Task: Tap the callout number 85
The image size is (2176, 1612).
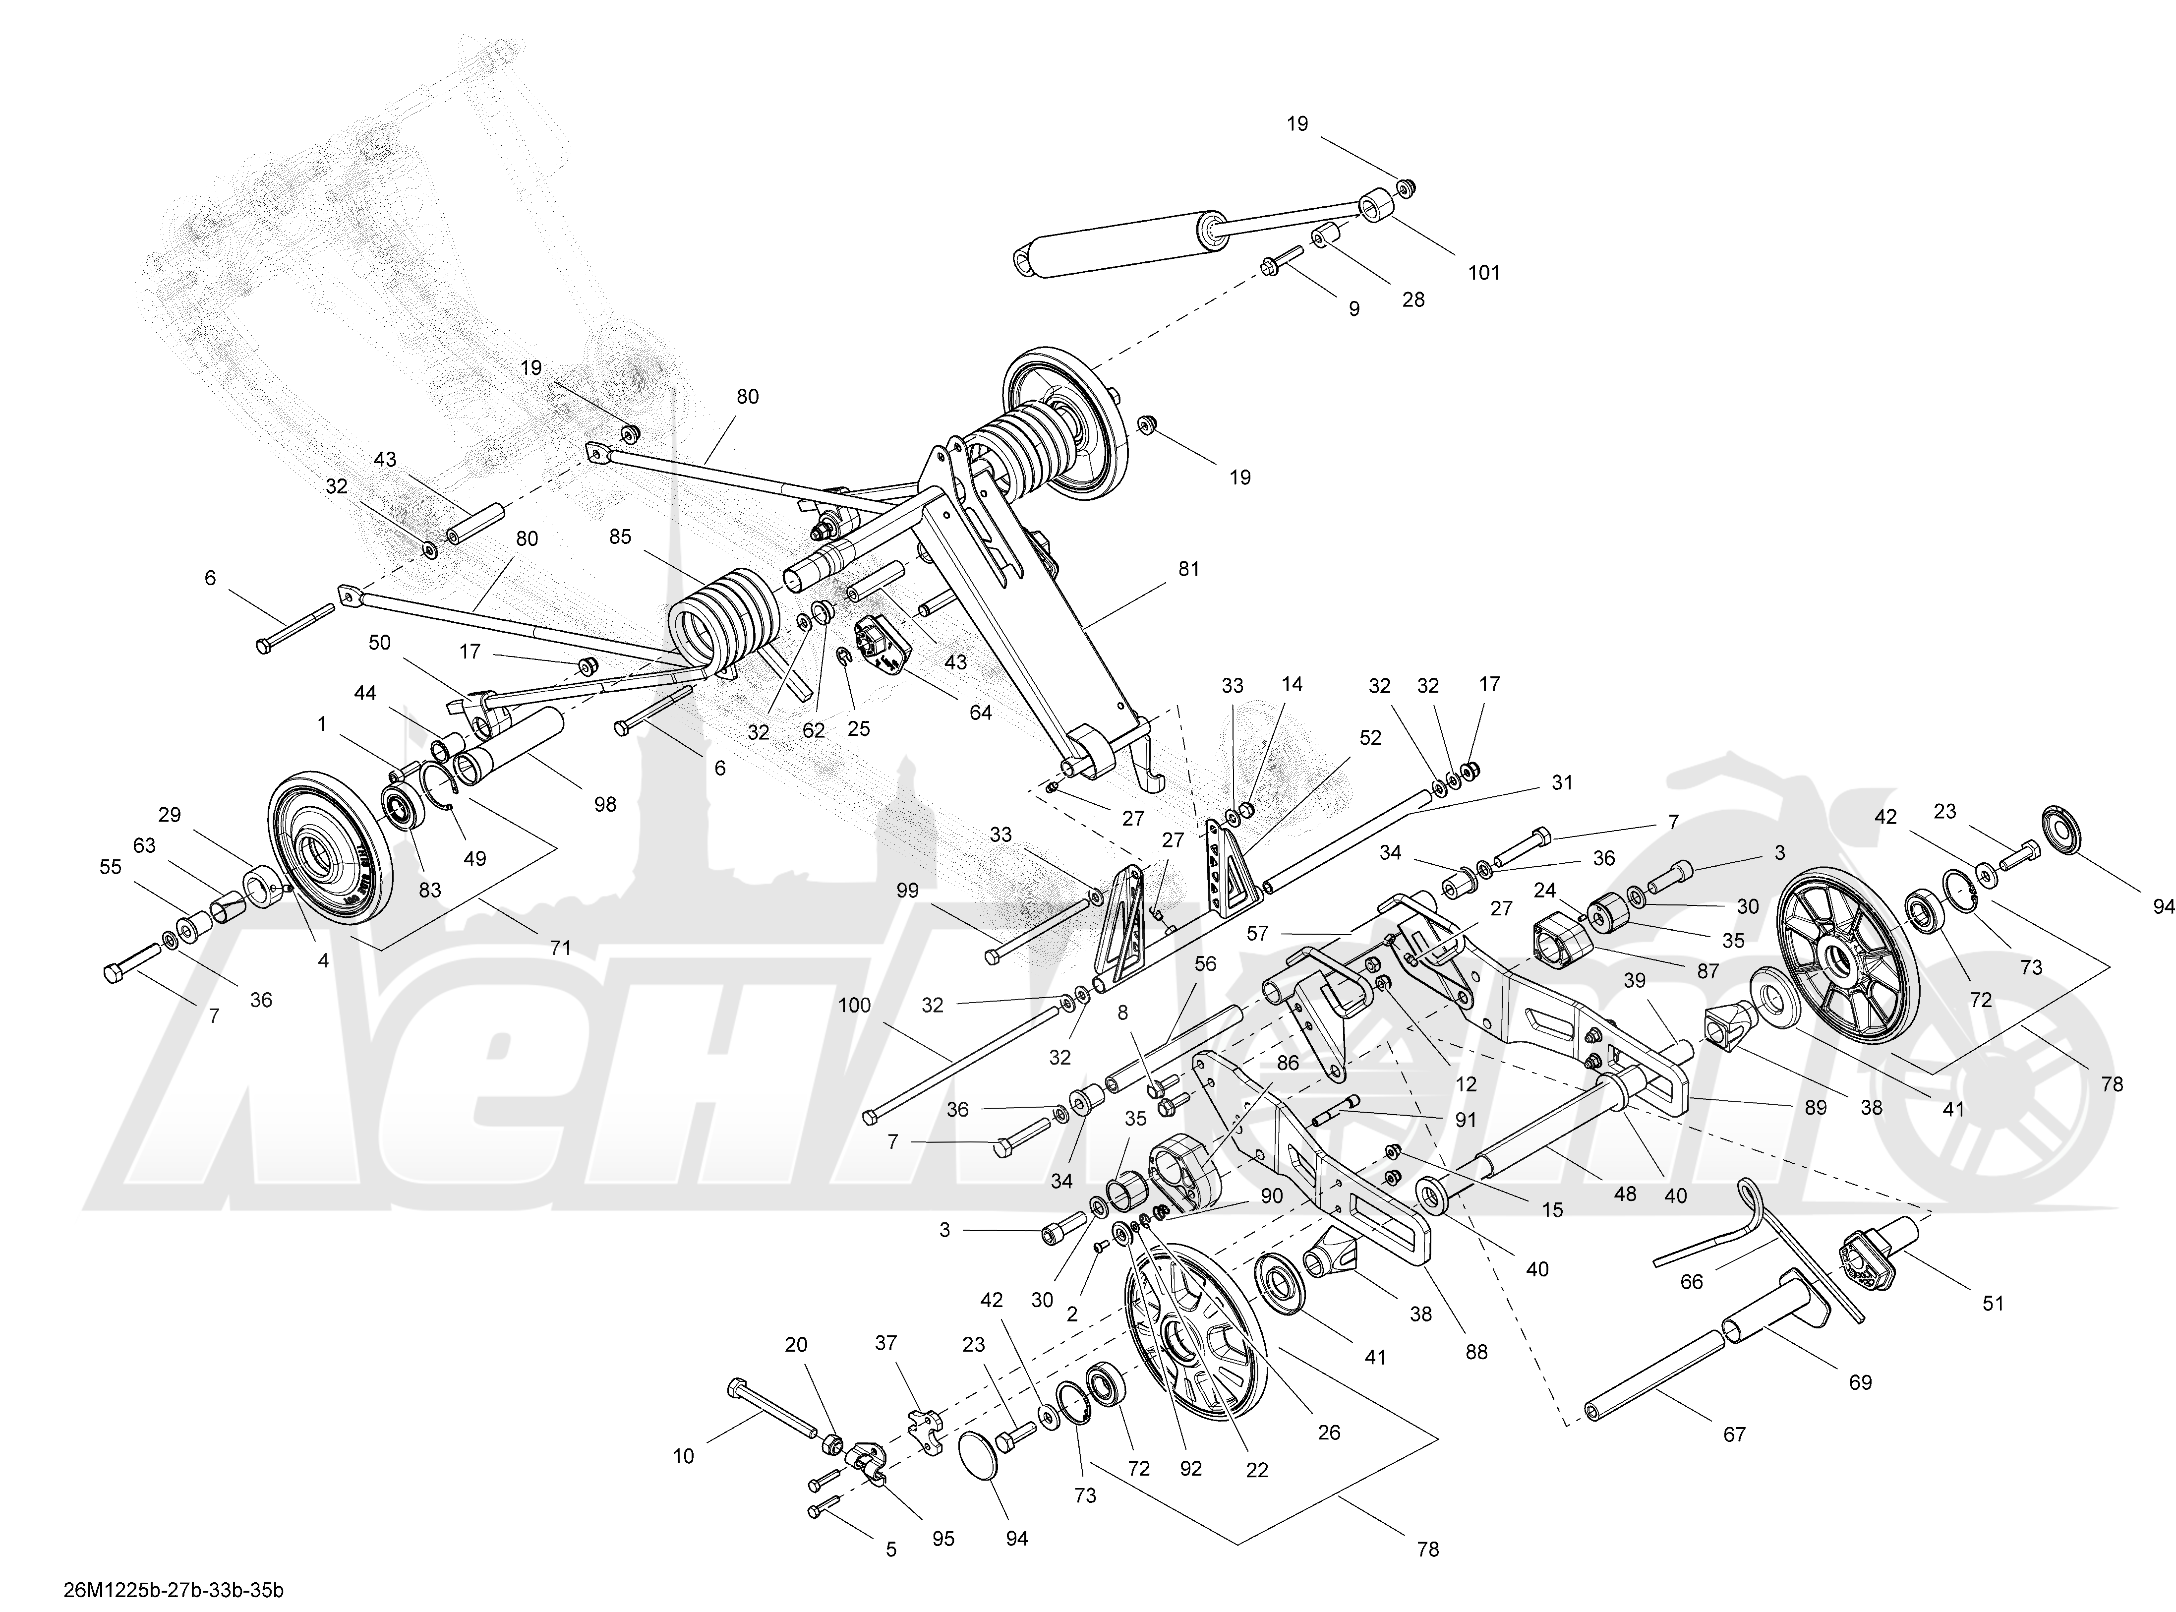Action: tap(620, 537)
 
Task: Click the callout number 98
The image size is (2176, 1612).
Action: tap(605, 804)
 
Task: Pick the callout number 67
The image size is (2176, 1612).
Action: tap(1734, 1434)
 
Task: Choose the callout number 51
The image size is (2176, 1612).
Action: tap(1993, 1303)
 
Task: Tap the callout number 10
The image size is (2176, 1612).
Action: tap(683, 1457)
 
